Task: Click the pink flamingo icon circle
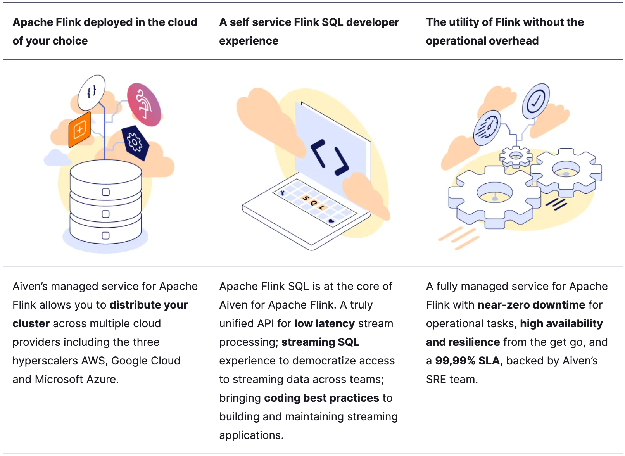tap(144, 104)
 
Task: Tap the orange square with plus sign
tap(80, 130)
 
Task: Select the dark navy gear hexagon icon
tap(135, 142)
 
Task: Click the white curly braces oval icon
tap(92, 92)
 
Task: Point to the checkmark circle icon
tap(535, 101)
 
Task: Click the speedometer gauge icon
tap(487, 128)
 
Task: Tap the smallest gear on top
tap(515, 156)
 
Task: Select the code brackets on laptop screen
tap(330, 157)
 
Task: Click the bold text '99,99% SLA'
tap(467, 361)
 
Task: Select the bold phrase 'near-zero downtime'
tap(531, 305)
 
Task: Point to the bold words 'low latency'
tap(325, 323)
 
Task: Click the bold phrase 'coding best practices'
tap(321, 398)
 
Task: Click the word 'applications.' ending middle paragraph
tap(251, 435)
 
